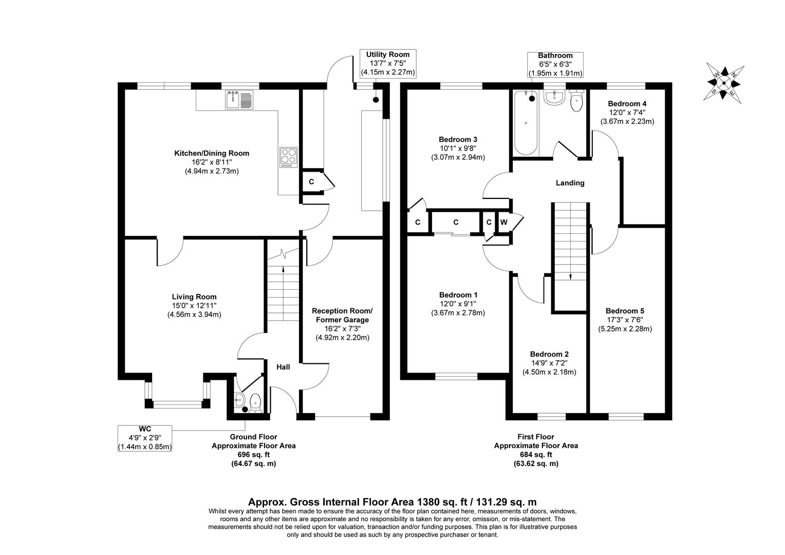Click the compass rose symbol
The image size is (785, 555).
tap(724, 83)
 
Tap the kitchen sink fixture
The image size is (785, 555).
tap(239, 99)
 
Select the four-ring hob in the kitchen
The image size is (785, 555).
tap(289, 157)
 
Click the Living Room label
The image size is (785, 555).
tap(194, 297)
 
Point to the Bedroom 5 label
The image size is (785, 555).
tap(625, 310)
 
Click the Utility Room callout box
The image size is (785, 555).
tap(387, 63)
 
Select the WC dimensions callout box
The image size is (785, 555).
tap(145, 438)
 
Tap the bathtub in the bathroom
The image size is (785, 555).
tap(525, 123)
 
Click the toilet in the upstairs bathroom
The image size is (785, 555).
tap(576, 102)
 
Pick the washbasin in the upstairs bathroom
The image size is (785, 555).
tap(554, 98)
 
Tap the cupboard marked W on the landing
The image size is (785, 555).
tap(503, 222)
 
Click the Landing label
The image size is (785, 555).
tap(570, 183)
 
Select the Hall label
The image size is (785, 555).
tap(283, 367)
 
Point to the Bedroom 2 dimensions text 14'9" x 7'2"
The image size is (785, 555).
tap(549, 363)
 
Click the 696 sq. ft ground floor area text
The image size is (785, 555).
tap(253, 455)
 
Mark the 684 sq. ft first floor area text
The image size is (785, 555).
tap(536, 455)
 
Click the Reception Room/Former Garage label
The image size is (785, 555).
tap(342, 316)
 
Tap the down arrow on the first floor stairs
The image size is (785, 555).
tap(571, 275)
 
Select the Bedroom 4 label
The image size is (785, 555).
tap(627, 103)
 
